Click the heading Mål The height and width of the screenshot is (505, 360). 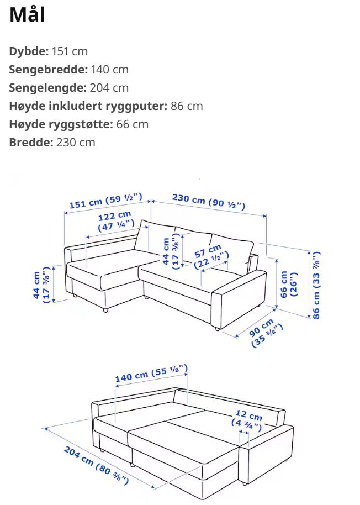(27, 15)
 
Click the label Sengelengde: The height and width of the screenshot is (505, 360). (47, 88)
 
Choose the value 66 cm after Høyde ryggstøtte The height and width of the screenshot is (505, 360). (132, 124)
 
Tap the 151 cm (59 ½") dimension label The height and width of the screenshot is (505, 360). (106, 201)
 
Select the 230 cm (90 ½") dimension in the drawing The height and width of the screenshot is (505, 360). (208, 201)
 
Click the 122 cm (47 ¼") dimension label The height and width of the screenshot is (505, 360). (115, 220)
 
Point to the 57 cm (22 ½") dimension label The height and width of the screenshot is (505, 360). (211, 256)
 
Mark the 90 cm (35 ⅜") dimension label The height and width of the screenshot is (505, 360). (265, 333)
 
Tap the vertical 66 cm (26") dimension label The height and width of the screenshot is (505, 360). (288, 285)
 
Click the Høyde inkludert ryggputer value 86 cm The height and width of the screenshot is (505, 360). (187, 106)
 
